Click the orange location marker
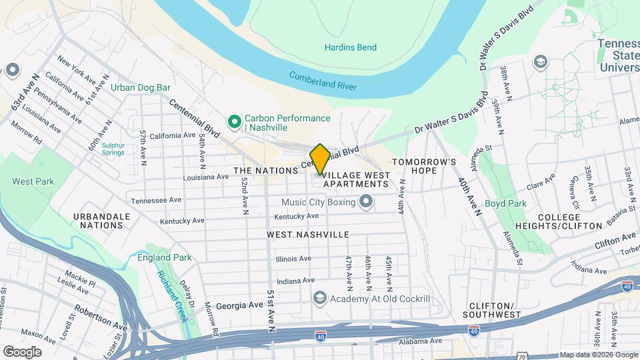pyautogui.click(x=320, y=159)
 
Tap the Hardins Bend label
pyautogui.click(x=351, y=47)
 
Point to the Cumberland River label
pyautogui.click(x=323, y=81)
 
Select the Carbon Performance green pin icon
pyautogui.click(x=234, y=122)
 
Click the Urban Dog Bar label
pyautogui.click(x=141, y=87)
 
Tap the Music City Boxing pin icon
pyautogui.click(x=365, y=201)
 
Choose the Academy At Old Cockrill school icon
pyautogui.click(x=320, y=298)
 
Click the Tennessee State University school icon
pyautogui.click(x=540, y=63)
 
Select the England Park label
pyautogui.click(x=164, y=257)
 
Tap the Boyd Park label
pyautogui.click(x=505, y=203)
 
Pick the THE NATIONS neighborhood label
pyautogui.click(x=265, y=171)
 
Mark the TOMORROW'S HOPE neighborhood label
pyautogui.click(x=424, y=166)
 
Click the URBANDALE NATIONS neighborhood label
pyautogui.click(x=99, y=221)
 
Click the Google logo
pyautogui.click(x=23, y=351)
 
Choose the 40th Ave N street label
pyautogui.click(x=470, y=196)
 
